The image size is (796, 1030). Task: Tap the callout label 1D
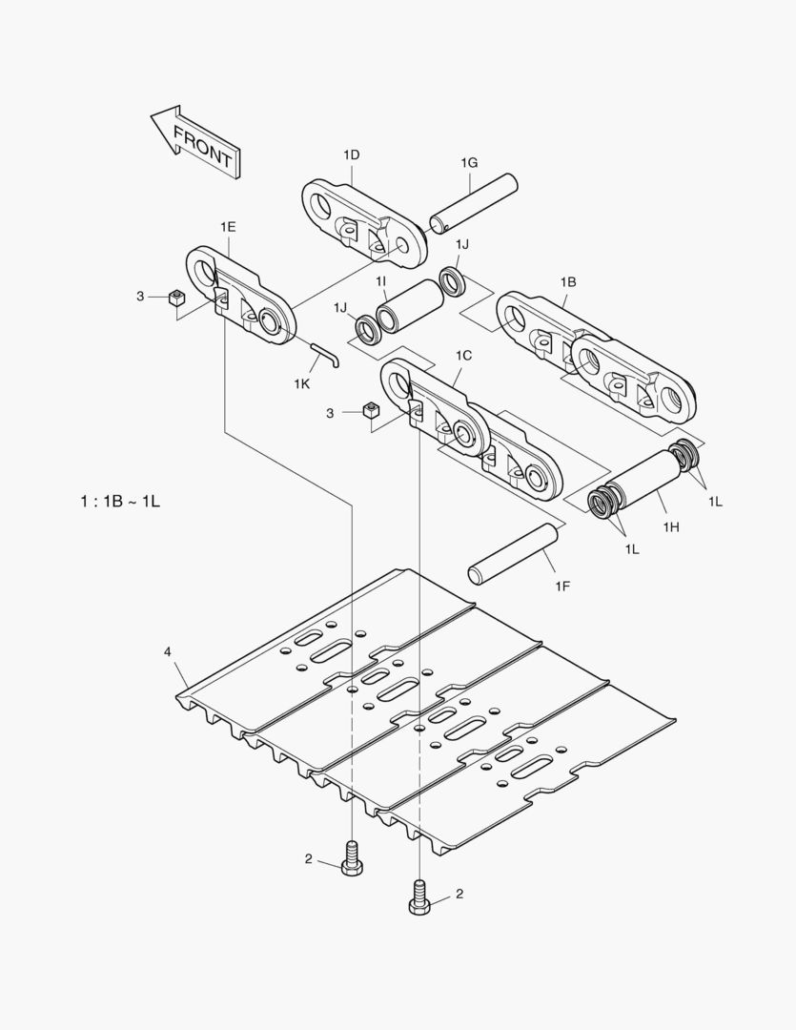351,154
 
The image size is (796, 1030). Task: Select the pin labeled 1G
472,202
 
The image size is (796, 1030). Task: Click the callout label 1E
228,226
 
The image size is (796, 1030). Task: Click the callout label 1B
568,282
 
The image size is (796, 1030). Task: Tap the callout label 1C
463,355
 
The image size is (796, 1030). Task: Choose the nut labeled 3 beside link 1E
175,298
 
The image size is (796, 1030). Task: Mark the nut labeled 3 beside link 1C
372,412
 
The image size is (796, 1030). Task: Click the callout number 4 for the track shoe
168,651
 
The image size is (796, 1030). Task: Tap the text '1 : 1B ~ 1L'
120,501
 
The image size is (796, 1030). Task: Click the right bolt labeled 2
419,897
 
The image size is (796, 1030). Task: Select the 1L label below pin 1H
633,549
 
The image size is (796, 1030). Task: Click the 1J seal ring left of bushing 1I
368,331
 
